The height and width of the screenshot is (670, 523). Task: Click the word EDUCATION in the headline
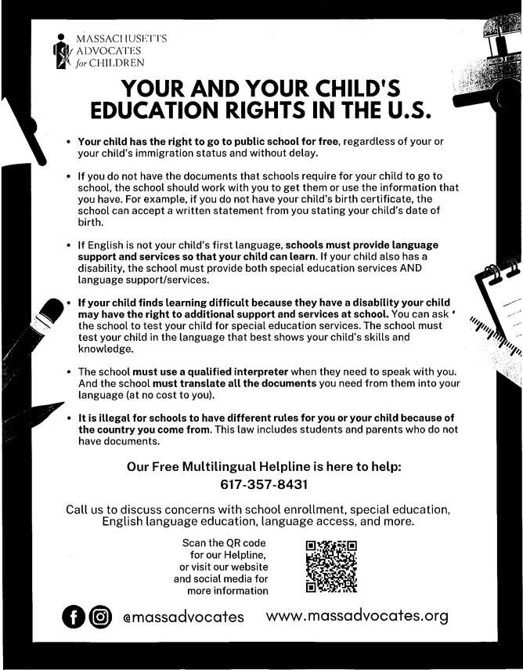[164, 110]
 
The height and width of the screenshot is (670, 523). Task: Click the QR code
[330, 565]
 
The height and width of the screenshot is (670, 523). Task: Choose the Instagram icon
[100, 617]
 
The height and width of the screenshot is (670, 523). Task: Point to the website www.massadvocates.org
[357, 616]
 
